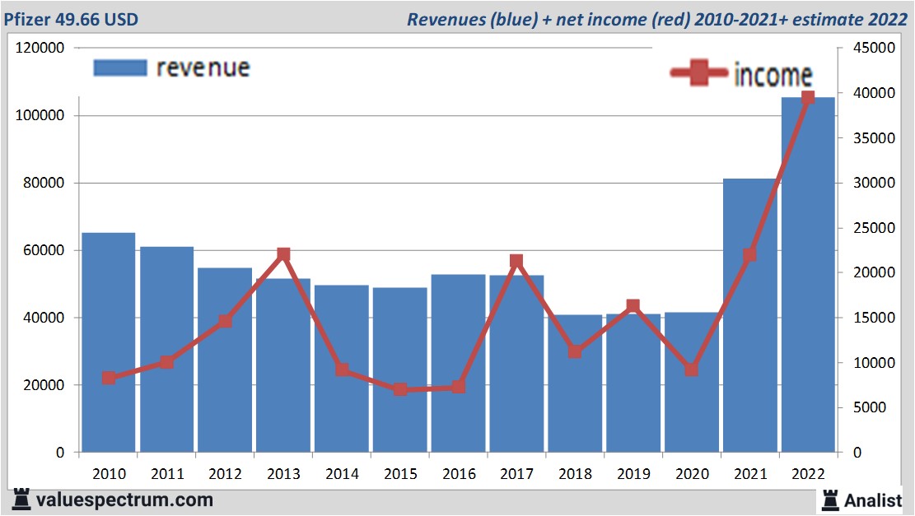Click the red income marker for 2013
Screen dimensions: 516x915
[283, 254]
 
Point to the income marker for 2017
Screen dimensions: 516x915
[516, 262]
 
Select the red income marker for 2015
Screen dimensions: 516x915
[400, 389]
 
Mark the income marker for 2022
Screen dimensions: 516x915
[808, 98]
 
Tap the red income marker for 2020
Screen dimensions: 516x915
[692, 370]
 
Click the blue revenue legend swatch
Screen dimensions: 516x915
[120, 67]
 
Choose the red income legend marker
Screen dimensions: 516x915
[699, 73]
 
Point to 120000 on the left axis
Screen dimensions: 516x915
[40, 49]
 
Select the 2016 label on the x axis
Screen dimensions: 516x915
[458, 474]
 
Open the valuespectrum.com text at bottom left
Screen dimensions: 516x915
[124, 500]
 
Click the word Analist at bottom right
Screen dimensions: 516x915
[873, 500]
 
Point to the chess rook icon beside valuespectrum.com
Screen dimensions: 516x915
[21, 500]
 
